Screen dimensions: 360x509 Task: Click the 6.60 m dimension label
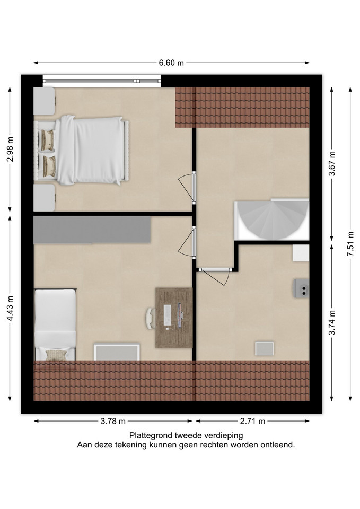tap(171, 63)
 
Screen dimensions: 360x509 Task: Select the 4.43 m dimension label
tap(11, 308)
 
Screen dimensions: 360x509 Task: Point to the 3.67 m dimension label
tap(332, 164)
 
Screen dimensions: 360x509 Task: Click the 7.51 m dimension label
tap(350, 244)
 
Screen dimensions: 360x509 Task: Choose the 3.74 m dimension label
tap(332, 322)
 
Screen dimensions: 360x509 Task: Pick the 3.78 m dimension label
tap(113, 421)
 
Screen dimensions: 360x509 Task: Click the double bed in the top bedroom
tap(82, 150)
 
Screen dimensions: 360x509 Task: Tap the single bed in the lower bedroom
tap(55, 324)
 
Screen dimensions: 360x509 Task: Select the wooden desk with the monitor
tap(174, 318)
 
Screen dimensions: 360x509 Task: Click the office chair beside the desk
tap(150, 319)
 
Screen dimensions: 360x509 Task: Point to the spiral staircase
tap(271, 220)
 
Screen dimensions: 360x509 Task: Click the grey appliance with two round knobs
tap(302, 288)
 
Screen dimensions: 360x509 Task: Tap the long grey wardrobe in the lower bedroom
tap(92, 230)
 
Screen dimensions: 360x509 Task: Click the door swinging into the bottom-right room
tap(214, 277)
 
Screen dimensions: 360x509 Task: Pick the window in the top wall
tap(102, 81)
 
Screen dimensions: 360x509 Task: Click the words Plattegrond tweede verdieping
tap(186, 435)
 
